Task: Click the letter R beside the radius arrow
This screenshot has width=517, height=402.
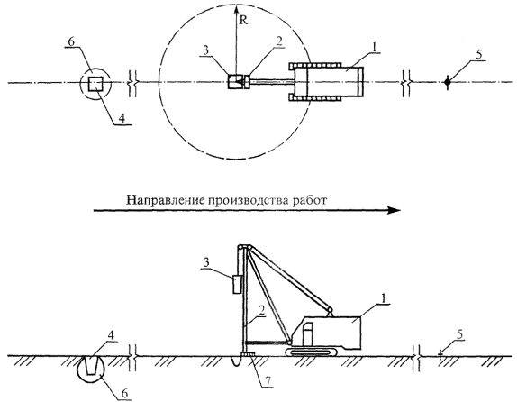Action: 243,21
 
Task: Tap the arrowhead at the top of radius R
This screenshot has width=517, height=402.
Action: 236,7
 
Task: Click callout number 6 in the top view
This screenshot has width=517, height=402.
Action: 72,41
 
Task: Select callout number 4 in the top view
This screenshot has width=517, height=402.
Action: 122,118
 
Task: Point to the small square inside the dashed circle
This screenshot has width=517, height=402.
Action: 96,83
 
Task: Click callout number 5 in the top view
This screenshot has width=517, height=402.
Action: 479,55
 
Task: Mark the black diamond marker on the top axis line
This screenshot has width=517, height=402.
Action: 447,81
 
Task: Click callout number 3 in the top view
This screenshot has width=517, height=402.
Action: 205,51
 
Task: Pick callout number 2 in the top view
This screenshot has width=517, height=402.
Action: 279,41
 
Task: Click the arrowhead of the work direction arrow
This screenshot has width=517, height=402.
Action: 394,210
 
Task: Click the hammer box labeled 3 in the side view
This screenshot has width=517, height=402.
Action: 237,284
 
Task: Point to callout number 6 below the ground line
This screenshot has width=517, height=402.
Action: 125,393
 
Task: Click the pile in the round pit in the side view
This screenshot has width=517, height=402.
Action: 91,366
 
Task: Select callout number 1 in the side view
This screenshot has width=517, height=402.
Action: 384,298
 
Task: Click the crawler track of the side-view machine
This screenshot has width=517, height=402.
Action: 312,352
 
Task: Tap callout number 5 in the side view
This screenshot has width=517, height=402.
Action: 460,334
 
